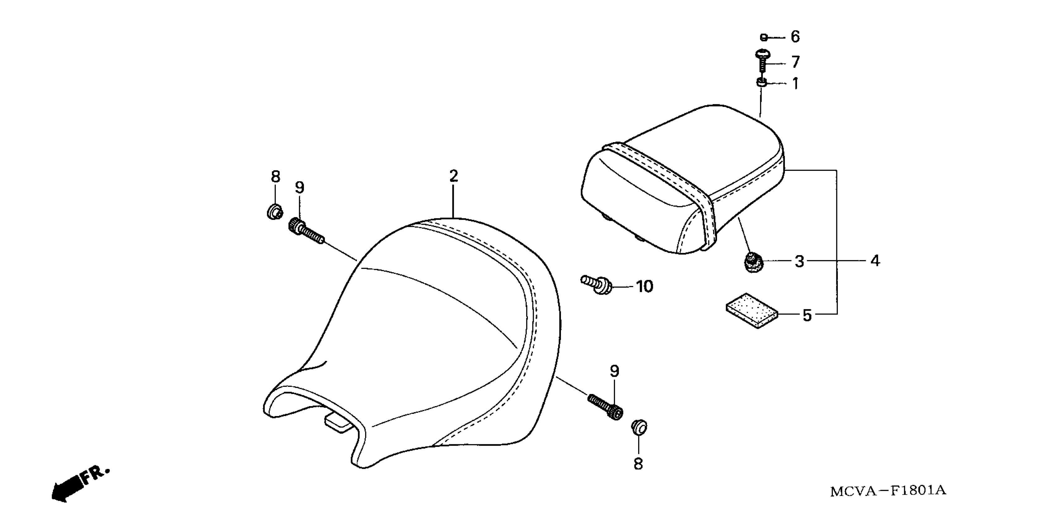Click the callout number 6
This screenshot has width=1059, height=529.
[x=795, y=37]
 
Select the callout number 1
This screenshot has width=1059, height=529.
[x=795, y=84]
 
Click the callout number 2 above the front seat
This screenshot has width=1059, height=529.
[x=453, y=176]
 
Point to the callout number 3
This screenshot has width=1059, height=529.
[x=799, y=261]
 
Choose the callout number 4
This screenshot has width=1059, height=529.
[x=875, y=261]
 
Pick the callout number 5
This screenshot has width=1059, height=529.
[x=807, y=316]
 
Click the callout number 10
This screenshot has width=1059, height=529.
[x=644, y=287]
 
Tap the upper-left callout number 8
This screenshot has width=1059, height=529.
[x=275, y=177]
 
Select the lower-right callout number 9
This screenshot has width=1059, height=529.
[x=614, y=371]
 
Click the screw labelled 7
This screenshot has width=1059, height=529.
[x=762, y=62]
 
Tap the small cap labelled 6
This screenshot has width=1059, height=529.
[x=763, y=37]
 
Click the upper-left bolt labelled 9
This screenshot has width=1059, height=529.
[x=306, y=231]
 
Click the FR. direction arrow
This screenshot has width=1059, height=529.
[x=78, y=485]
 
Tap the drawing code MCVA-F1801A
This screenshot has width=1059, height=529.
[x=888, y=491]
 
